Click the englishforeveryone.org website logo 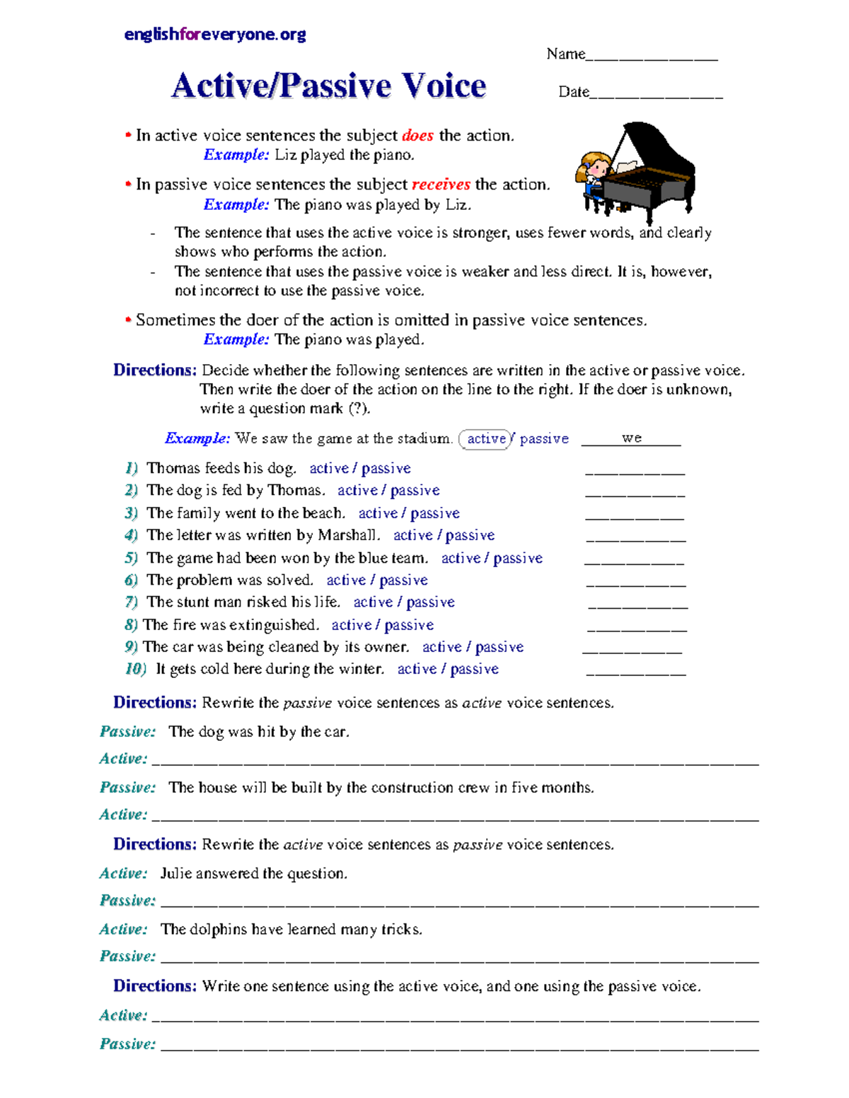click(x=214, y=34)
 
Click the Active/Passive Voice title click(x=328, y=86)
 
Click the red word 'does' click(x=417, y=136)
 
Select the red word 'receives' click(x=441, y=185)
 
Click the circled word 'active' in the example click(x=486, y=439)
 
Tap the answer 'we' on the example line click(x=632, y=438)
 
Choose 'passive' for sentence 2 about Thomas click(x=415, y=491)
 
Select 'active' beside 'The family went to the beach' click(x=378, y=513)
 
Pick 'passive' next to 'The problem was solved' click(x=403, y=580)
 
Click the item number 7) click(x=131, y=602)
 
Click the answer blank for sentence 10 click(x=636, y=672)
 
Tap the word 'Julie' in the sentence click(x=176, y=874)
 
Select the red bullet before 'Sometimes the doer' click(x=128, y=320)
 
